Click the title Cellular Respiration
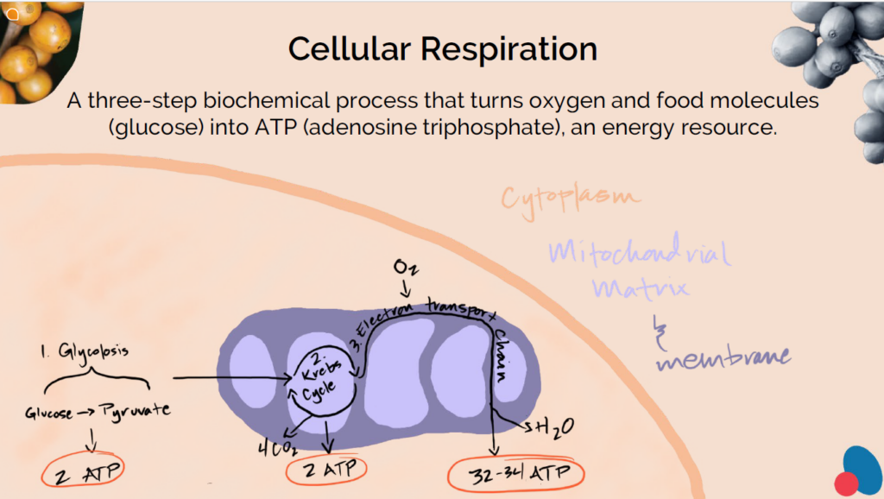(x=442, y=48)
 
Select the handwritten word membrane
(x=723, y=357)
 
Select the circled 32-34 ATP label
(x=517, y=473)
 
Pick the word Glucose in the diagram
(x=49, y=413)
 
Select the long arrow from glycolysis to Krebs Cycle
(x=233, y=377)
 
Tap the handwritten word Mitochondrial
(x=640, y=253)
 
